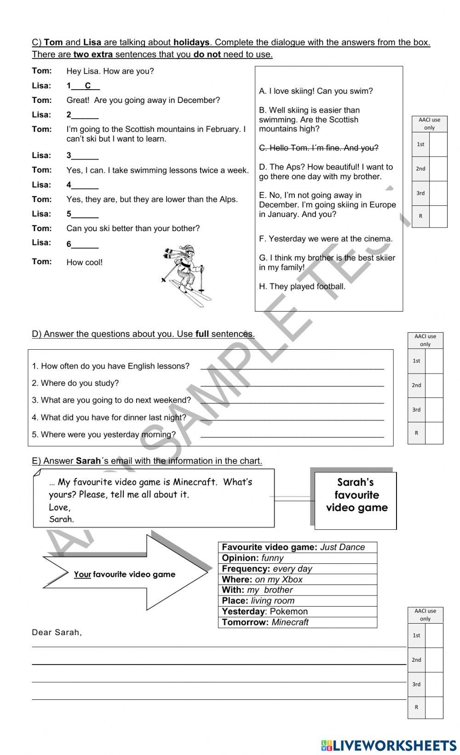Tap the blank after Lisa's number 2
[x=85, y=115]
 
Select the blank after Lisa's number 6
[x=85, y=244]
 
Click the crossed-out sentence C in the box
[x=318, y=148]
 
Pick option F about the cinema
[x=326, y=238]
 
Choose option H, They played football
[x=302, y=286]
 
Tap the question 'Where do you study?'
[x=75, y=383]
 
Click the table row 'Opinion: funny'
[x=297, y=558]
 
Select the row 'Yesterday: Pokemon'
[x=297, y=611]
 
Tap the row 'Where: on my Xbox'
[x=297, y=579]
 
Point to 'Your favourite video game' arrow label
[x=125, y=574]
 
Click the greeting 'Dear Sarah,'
[x=57, y=632]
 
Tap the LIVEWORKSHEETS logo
[x=389, y=745]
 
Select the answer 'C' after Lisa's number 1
[x=88, y=85]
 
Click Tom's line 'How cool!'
[x=85, y=262]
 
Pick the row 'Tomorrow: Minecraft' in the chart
[x=297, y=622]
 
